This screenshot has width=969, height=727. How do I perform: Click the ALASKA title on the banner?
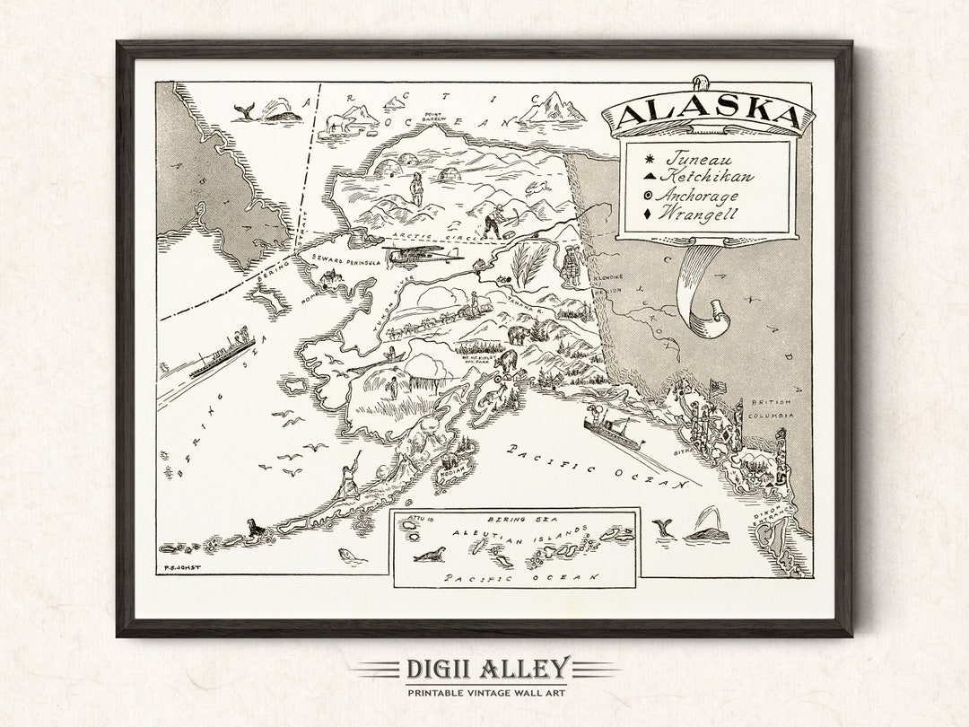(x=708, y=114)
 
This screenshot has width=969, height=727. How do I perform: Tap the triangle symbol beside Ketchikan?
(x=649, y=178)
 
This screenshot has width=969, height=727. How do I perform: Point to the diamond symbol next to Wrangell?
(x=648, y=214)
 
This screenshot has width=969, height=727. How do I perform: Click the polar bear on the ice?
(x=339, y=123)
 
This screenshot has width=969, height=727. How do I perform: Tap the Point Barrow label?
(x=434, y=117)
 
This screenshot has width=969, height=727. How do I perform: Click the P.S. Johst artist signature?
(x=179, y=567)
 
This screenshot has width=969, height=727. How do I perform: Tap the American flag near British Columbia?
(x=718, y=386)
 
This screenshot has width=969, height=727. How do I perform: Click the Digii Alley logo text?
(x=485, y=669)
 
